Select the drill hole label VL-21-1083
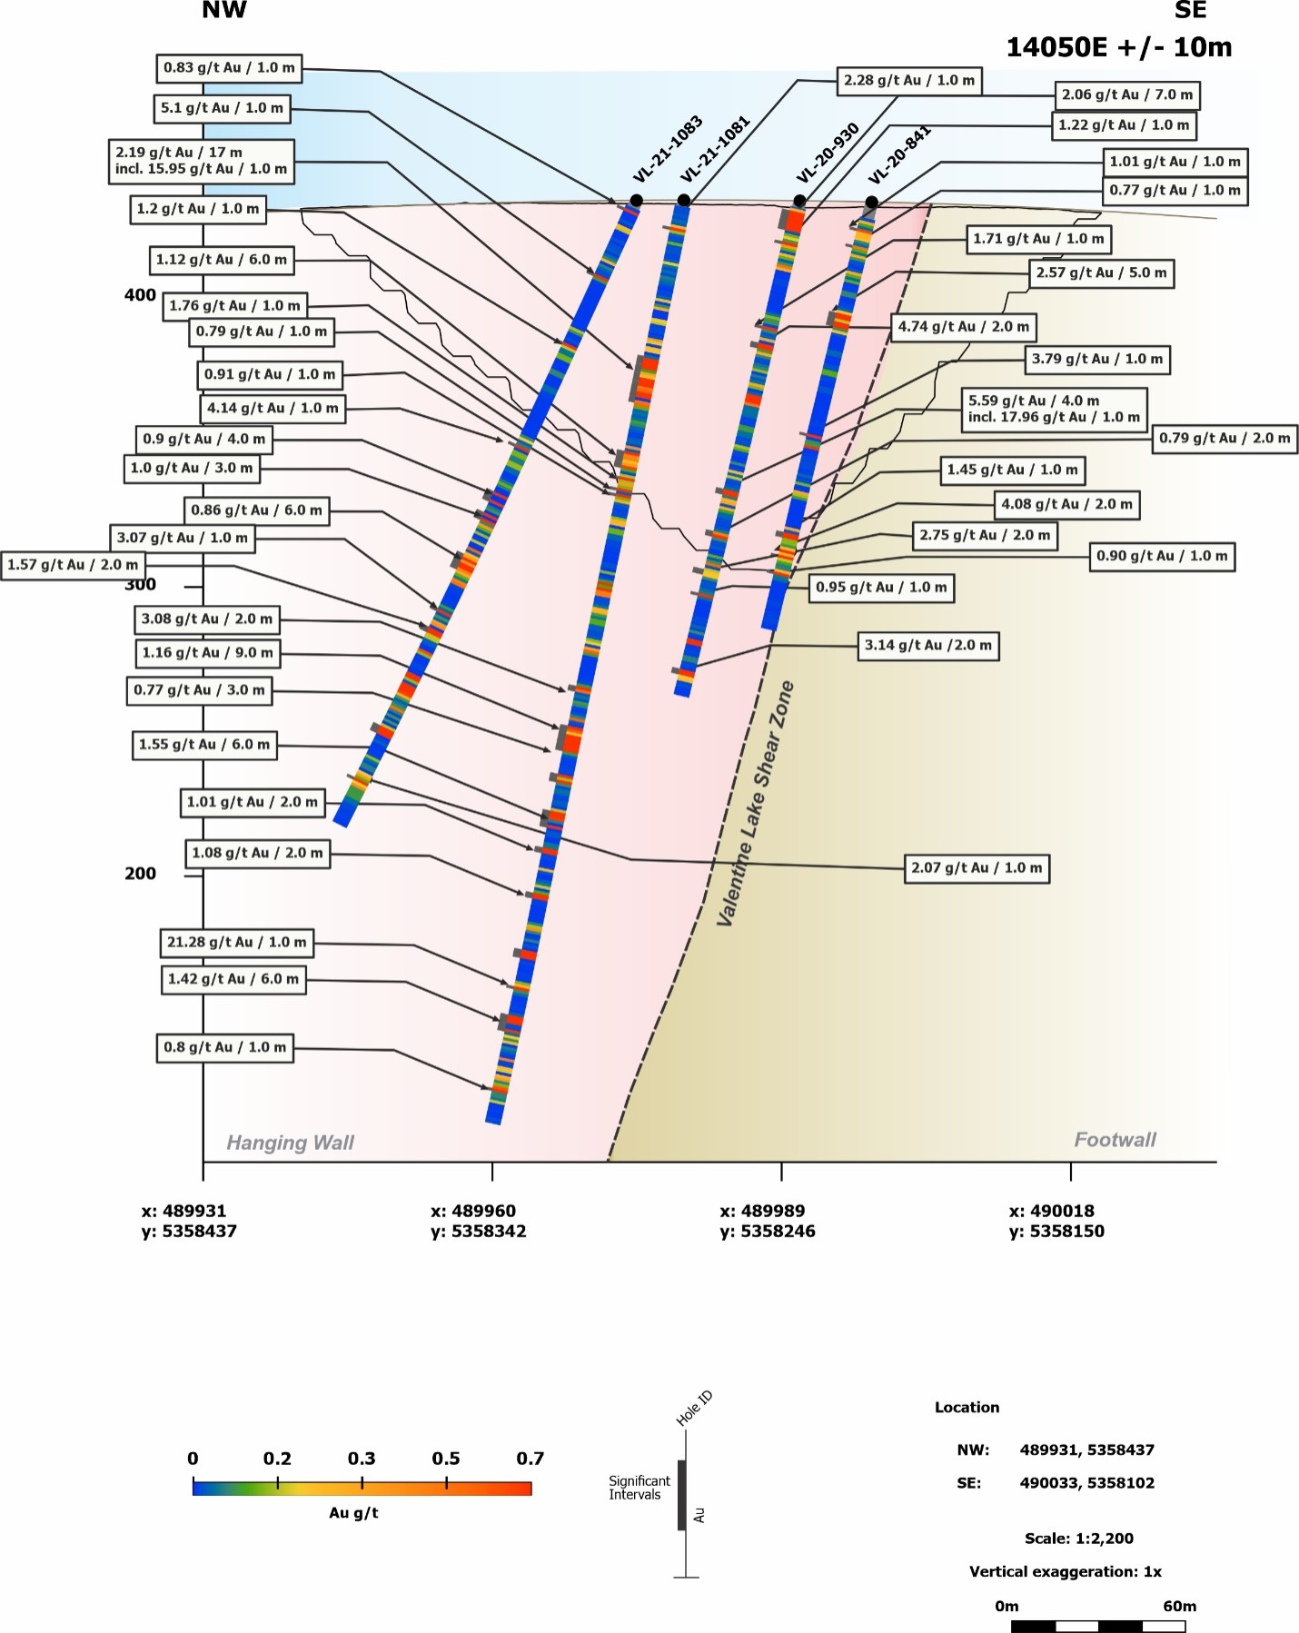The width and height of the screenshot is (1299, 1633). tap(667, 149)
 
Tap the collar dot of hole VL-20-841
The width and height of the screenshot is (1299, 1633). tap(871, 202)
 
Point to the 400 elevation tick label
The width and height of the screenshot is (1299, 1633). tap(140, 295)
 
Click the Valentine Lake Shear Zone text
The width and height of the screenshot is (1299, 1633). tap(755, 804)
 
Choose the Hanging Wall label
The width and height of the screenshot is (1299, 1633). tap(290, 1143)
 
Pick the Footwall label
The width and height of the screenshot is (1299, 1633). tap(1115, 1140)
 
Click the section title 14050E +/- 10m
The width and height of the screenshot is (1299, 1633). tap(1118, 47)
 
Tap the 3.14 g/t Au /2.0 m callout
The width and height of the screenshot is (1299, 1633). tap(927, 646)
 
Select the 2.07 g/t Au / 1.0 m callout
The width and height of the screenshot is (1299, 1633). tap(977, 868)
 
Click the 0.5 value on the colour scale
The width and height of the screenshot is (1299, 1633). tap(445, 1459)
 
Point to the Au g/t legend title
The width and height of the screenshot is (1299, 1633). tap(353, 1513)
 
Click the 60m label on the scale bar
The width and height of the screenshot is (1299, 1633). tap(1179, 1606)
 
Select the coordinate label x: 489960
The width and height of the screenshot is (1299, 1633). tap(473, 1211)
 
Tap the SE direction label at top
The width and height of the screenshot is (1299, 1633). tap(1190, 11)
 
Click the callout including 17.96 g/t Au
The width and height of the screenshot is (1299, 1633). tap(1054, 409)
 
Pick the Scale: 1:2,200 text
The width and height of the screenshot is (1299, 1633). tap(1078, 1539)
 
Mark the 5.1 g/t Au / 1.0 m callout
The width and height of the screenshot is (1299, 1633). tap(223, 108)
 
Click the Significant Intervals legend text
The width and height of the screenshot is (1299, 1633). tap(639, 1488)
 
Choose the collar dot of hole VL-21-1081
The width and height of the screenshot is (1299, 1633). tap(684, 201)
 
